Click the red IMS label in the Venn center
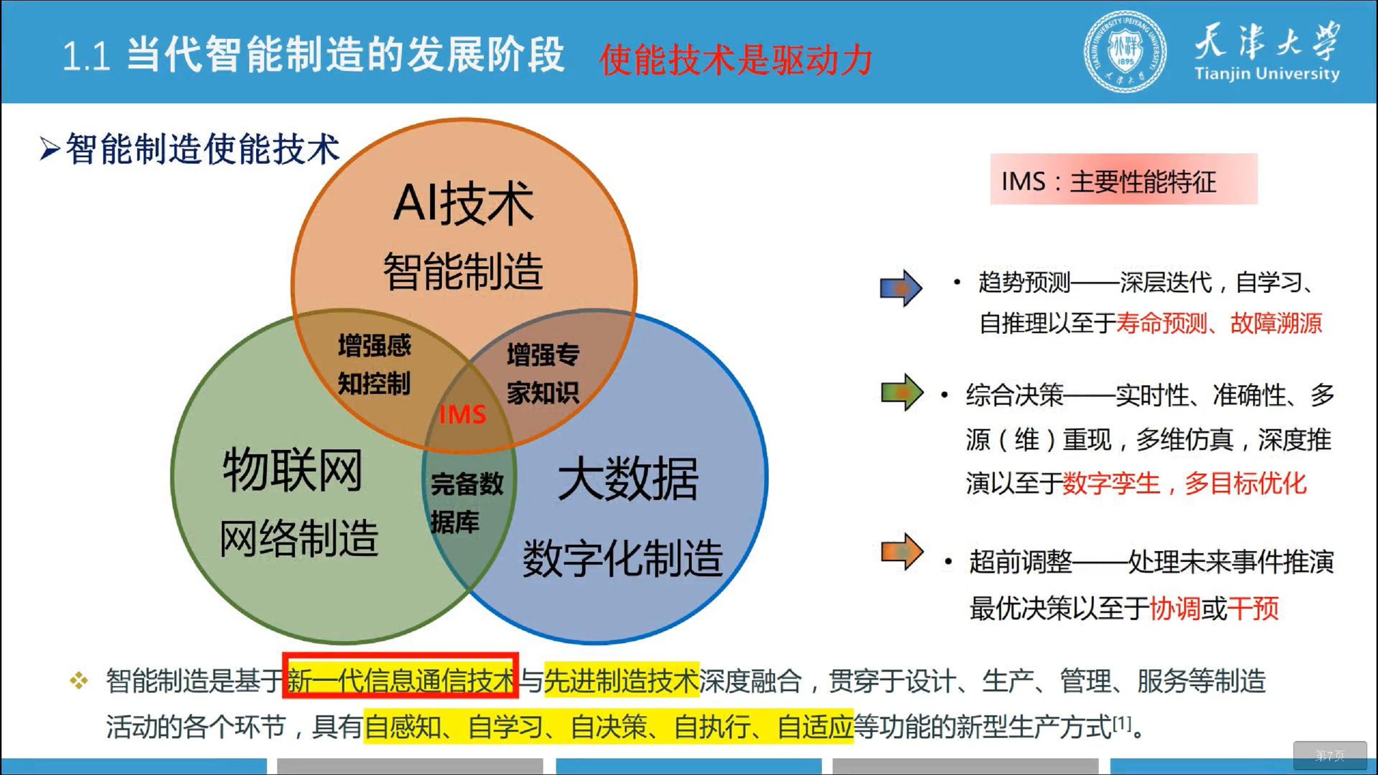[462, 414]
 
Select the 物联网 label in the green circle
[292, 470]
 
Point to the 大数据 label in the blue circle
[628, 479]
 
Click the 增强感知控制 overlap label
[374, 364]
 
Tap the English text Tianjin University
[1267, 74]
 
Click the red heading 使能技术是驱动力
[735, 60]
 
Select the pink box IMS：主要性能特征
[1123, 180]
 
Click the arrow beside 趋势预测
[901, 288]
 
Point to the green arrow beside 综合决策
[902, 392]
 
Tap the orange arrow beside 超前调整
[902, 551]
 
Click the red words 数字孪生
[1111, 483]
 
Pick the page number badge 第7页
[1330, 756]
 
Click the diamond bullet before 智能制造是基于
[79, 680]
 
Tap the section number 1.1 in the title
[87, 57]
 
